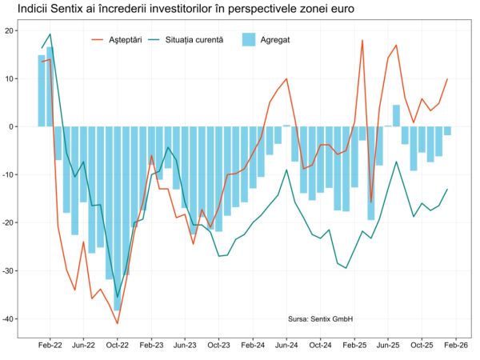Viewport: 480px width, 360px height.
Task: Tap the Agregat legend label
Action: click(275, 38)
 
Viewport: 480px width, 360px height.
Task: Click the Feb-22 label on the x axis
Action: click(50, 346)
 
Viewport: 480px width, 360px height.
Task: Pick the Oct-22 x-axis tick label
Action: click(118, 346)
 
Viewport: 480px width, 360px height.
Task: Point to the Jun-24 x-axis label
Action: click(286, 346)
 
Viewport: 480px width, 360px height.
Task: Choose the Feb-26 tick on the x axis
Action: click(456, 346)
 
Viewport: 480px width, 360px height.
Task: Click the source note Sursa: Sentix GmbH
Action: click(320, 318)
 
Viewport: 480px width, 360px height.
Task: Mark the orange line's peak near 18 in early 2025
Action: click(362, 40)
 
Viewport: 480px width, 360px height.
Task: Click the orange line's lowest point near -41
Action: click(118, 323)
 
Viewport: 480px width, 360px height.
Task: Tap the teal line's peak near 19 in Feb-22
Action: click(50, 34)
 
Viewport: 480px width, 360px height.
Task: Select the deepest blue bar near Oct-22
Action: click(118, 218)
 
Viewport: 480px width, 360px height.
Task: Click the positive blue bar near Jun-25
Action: click(396, 116)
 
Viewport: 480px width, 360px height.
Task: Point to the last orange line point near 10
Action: click(447, 79)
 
